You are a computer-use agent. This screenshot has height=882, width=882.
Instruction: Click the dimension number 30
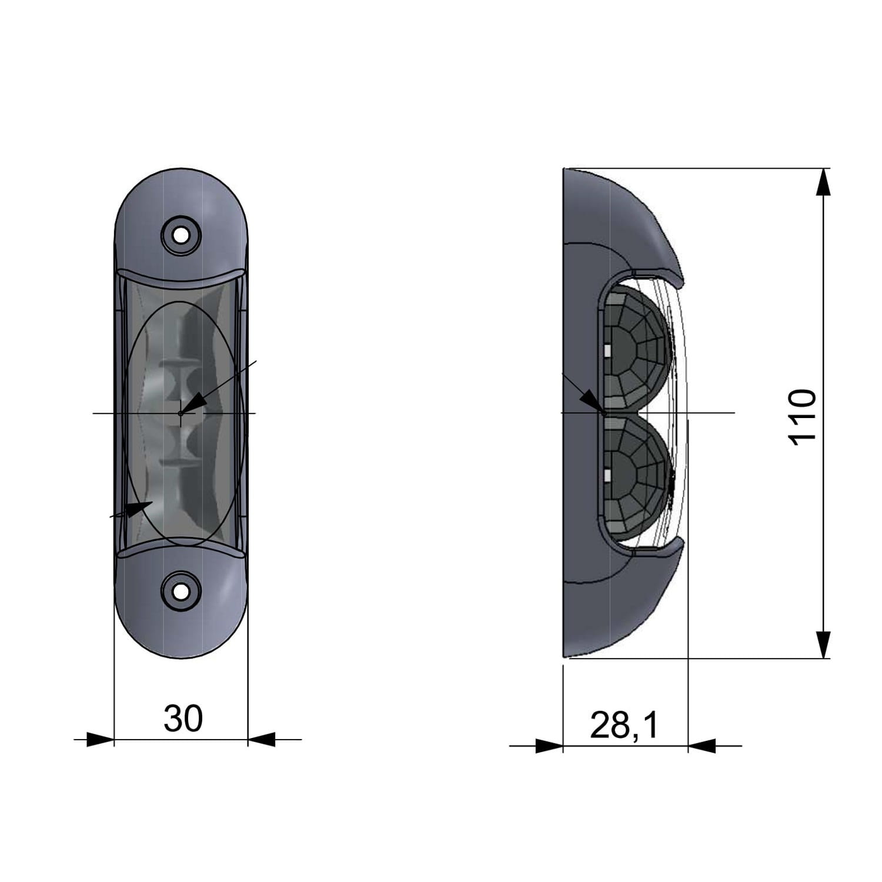pyautogui.click(x=183, y=719)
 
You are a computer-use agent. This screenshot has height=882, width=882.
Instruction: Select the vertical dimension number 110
pyautogui.click(x=802, y=417)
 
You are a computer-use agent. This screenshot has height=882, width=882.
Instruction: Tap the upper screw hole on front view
pyautogui.click(x=181, y=235)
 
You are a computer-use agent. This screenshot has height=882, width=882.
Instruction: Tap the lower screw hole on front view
pyautogui.click(x=181, y=590)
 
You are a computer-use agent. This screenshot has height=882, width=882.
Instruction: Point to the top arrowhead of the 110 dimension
pyautogui.click(x=824, y=182)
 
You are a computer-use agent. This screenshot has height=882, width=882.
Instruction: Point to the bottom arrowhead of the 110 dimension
pyautogui.click(x=824, y=644)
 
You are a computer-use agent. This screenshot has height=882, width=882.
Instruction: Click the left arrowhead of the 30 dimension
pyautogui.click(x=100, y=740)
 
